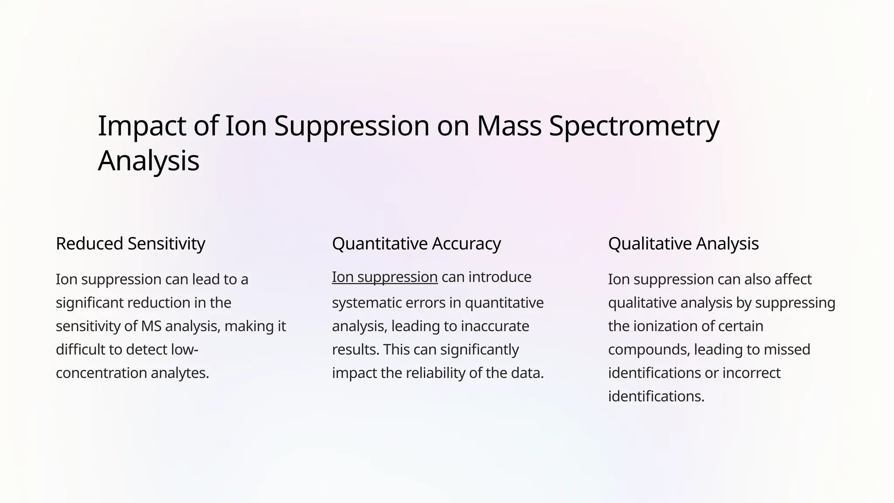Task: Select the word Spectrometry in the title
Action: coord(634,127)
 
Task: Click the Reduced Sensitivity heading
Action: coord(130,244)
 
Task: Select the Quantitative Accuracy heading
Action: coord(416,244)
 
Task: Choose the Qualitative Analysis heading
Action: coord(683,244)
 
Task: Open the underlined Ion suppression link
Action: coord(385,277)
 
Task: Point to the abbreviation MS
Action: coord(151,326)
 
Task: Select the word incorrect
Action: coord(751,373)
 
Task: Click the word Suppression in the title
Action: coord(352,127)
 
